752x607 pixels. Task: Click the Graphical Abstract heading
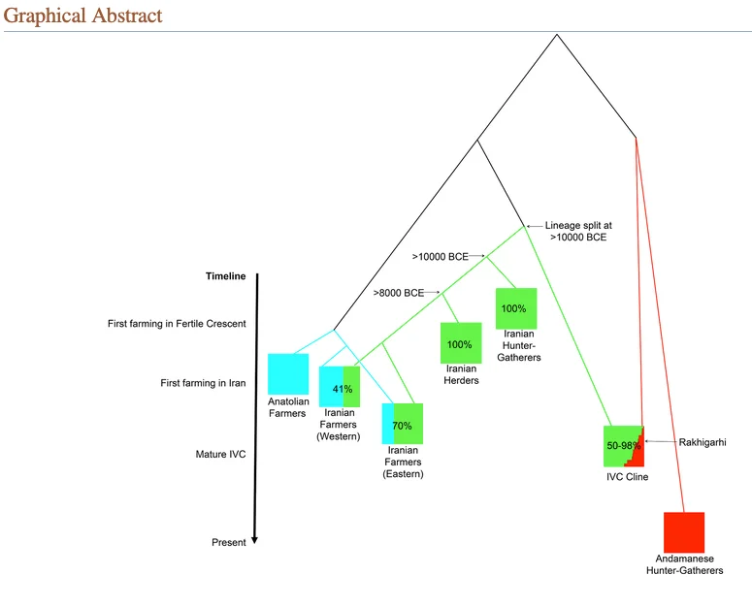pyautogui.click(x=82, y=16)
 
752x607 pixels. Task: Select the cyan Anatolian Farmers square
pyautogui.click(x=288, y=374)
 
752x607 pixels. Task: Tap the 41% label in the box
pyautogui.click(x=342, y=389)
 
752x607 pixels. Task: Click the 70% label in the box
pyautogui.click(x=402, y=426)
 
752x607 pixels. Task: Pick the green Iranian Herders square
pyautogui.click(x=460, y=343)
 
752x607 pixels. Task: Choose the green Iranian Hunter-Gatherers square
pyautogui.click(x=514, y=308)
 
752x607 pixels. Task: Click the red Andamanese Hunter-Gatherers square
pyautogui.click(x=684, y=532)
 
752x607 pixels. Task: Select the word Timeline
pyautogui.click(x=225, y=276)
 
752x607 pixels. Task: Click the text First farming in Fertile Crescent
pyautogui.click(x=177, y=323)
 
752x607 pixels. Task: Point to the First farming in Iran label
pyautogui.click(x=203, y=383)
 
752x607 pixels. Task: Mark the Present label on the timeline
pyautogui.click(x=229, y=542)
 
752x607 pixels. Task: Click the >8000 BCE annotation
pyautogui.click(x=398, y=293)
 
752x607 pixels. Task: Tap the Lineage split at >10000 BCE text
pyautogui.click(x=577, y=230)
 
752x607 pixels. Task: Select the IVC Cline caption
pyautogui.click(x=626, y=476)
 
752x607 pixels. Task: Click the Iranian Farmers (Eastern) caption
pyautogui.click(x=404, y=463)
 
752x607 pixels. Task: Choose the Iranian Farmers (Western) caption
pyautogui.click(x=339, y=424)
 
